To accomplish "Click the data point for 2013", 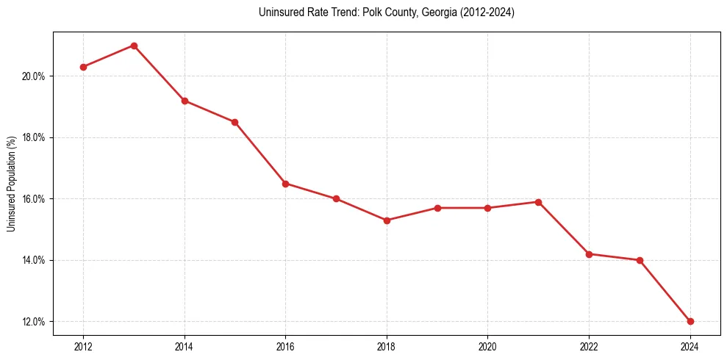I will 134,46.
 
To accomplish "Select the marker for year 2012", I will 83,67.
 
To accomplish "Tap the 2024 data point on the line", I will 690,321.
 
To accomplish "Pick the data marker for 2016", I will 285,184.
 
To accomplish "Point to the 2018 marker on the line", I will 387,220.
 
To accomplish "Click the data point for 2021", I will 538,202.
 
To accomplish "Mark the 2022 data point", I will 589,254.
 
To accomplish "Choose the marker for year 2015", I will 234,122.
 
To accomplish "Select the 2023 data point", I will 640,260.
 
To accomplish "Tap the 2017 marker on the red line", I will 336,198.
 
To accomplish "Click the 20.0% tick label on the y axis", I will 35,76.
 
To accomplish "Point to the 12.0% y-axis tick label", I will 35,322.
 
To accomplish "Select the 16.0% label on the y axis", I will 35,199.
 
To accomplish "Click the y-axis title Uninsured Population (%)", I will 11,184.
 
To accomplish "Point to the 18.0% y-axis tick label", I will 35,138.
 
